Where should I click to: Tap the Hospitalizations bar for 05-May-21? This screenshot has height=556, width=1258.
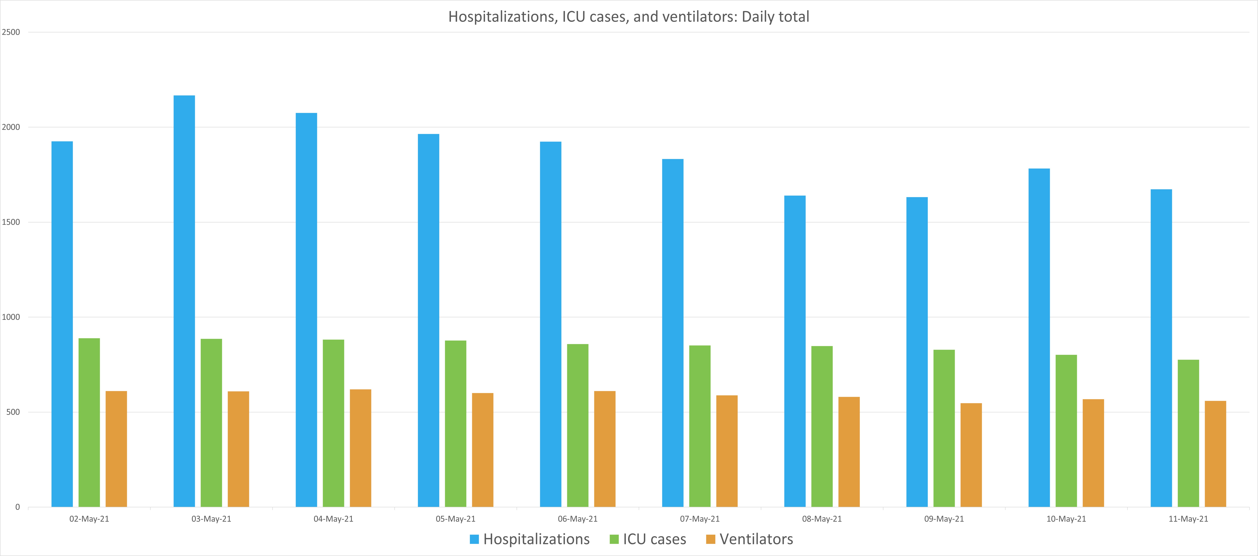428,320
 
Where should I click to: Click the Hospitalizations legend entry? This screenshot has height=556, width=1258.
530,539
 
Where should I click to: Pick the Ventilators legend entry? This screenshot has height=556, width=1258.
750,539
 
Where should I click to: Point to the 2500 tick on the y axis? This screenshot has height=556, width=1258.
11,32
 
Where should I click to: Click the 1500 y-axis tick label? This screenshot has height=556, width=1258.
11,222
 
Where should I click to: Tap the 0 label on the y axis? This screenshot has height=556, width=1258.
18,507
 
